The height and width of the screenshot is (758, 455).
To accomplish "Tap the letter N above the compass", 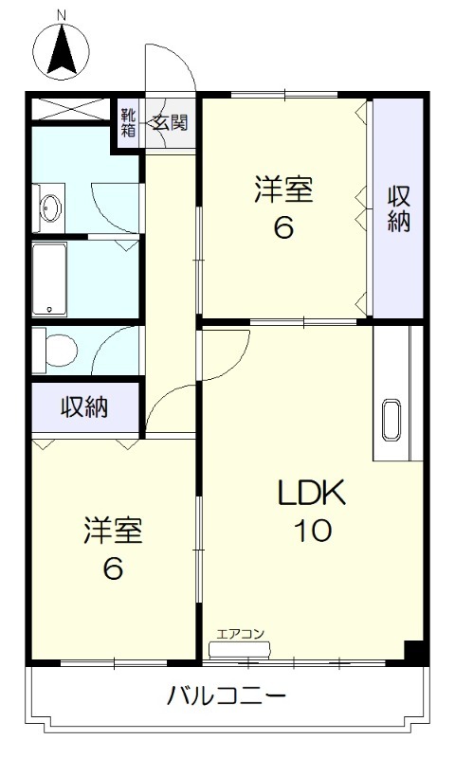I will [x=62, y=15].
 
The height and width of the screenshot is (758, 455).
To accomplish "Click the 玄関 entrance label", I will [x=172, y=121].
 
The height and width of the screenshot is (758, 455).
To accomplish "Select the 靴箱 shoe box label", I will [x=128, y=123].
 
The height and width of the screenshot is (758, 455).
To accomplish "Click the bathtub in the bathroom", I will [x=49, y=280].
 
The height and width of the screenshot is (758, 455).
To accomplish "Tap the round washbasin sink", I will [x=49, y=208].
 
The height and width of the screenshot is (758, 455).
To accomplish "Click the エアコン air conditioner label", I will [x=240, y=634].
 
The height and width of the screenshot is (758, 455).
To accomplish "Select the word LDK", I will [x=312, y=494].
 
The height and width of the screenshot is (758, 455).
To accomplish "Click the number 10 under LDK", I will [x=312, y=531].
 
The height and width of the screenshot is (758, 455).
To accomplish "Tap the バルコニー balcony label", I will [x=227, y=697].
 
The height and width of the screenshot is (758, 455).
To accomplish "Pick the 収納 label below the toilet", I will [x=84, y=407].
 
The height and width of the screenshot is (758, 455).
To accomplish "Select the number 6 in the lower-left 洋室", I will [x=113, y=569].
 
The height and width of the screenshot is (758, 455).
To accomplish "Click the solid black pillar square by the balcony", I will [x=413, y=652].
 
